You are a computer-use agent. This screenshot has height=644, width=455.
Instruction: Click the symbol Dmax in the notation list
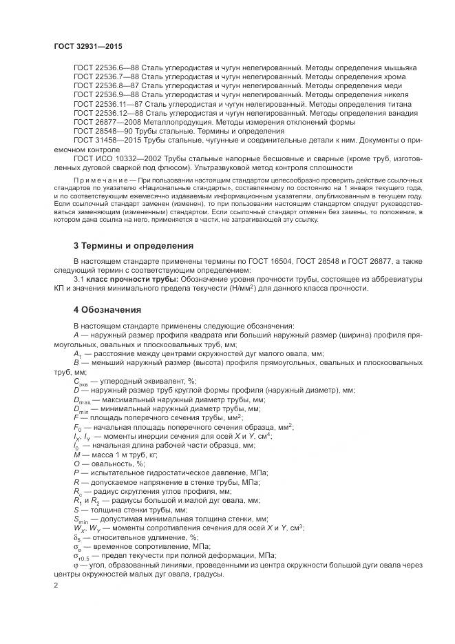pyautogui.click(x=82, y=399)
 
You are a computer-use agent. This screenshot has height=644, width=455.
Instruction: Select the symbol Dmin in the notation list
pyautogui.click(x=81, y=408)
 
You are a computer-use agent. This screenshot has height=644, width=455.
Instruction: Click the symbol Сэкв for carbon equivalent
pyautogui.click(x=81, y=381)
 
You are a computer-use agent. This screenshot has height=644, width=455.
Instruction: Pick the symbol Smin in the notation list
pyautogui.click(x=81, y=518)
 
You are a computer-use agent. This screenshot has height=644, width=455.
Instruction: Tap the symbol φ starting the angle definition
pyautogui.click(x=76, y=563)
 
